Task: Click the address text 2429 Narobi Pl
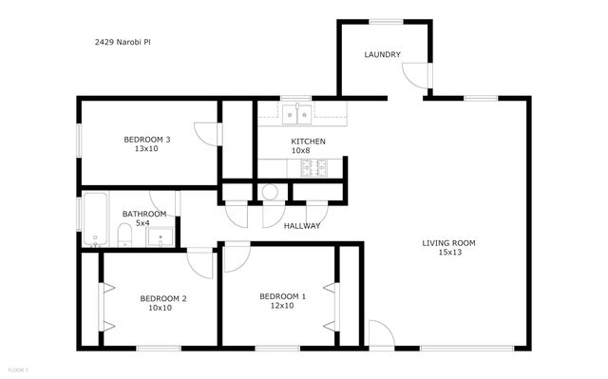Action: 123,43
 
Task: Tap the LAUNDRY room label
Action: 382,55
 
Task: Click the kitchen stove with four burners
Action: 314,168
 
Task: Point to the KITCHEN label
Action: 308,142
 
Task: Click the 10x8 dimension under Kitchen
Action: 301,151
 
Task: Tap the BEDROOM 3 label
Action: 147,140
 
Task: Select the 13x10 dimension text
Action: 147,149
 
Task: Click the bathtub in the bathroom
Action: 93,219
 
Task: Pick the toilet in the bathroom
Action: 123,235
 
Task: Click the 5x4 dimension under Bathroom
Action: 142,223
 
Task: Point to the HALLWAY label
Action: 302,226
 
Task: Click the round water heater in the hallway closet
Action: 271,192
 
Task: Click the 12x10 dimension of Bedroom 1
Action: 283,306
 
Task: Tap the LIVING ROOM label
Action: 449,243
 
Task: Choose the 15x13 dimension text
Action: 449,253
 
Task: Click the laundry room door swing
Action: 413,75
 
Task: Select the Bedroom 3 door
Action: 205,134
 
